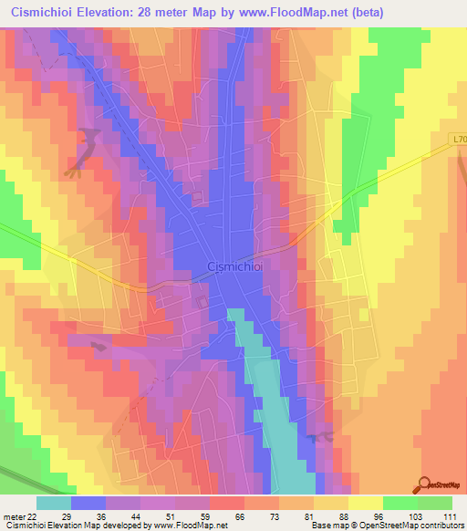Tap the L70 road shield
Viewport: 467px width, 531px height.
pos(456,138)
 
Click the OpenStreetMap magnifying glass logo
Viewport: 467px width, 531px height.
pos(424,484)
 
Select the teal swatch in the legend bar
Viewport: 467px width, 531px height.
pos(54,503)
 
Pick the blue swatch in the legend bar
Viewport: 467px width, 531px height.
pos(88,503)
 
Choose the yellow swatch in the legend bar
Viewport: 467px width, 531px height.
pos(365,503)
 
